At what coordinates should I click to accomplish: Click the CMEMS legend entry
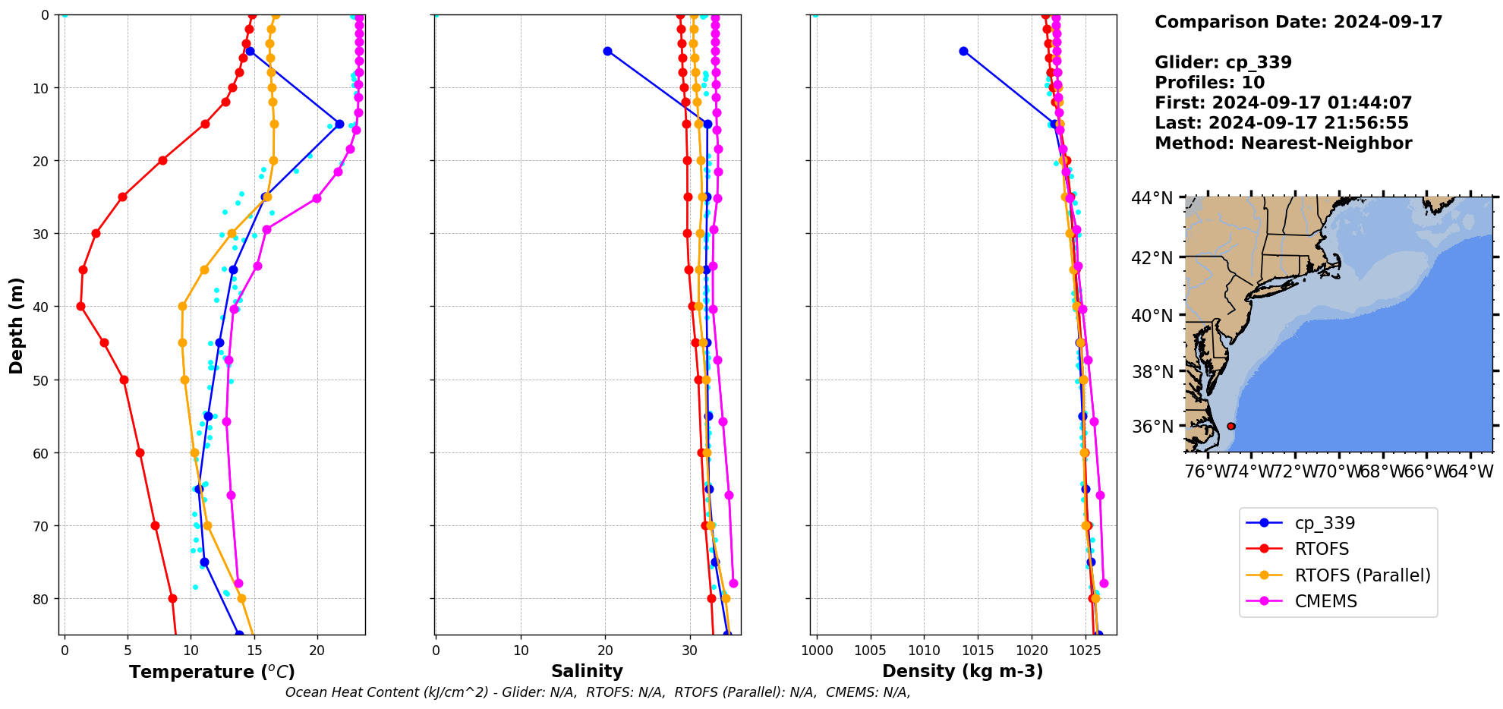coord(1325,601)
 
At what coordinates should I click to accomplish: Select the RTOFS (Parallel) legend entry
coord(1362,575)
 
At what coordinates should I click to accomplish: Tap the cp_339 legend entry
coord(1325,523)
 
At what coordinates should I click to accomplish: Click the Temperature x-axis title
coord(212,672)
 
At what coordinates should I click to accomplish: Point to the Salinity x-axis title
coord(587,671)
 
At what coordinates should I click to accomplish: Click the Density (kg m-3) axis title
coord(963,671)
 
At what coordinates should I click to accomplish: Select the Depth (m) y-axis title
coord(16,325)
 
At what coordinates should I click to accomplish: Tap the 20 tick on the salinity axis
coord(605,651)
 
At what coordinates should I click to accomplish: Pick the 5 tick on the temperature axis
coord(128,651)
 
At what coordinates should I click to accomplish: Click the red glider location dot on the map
coord(1231,426)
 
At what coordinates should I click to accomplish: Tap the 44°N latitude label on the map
coord(1152,198)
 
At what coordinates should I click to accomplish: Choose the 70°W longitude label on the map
coord(1338,471)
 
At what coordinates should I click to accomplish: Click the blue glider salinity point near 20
coord(607,51)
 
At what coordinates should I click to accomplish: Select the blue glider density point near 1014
coord(963,51)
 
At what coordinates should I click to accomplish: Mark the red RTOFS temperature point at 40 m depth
coord(80,306)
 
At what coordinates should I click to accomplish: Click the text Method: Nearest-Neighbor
coord(1283,143)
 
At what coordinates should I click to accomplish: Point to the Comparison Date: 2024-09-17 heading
coord(1298,22)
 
